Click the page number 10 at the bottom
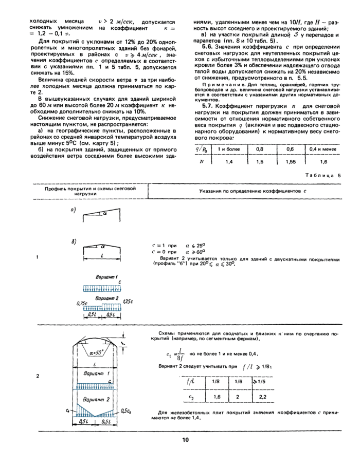[x=185, y=439]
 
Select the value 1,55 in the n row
[x=291, y=161]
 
